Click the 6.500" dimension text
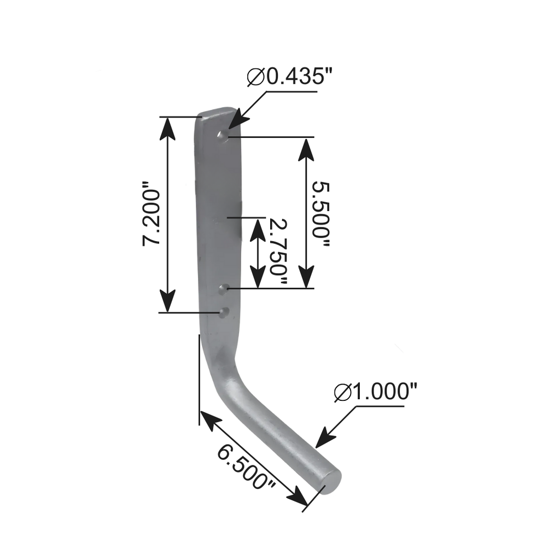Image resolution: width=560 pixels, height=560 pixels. pos(246,468)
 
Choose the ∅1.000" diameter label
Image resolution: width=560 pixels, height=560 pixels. pos(376,392)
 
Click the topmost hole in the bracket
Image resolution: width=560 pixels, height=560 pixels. pos(221,135)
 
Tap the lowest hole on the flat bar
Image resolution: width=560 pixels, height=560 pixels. pos(223,312)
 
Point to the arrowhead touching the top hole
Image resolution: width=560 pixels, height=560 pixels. pos(232,124)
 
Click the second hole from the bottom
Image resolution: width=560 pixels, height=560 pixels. pos(223,288)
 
